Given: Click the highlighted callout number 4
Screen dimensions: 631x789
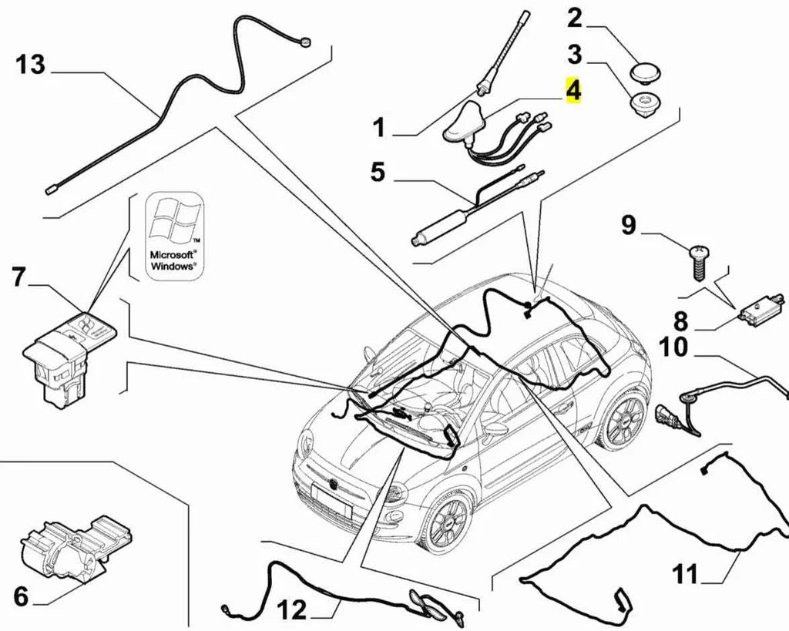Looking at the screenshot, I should point(572,92).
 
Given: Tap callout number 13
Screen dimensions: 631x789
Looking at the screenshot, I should point(31,65).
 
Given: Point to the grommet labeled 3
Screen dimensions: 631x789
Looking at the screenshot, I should point(640,104).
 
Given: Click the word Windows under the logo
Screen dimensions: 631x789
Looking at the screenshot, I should point(173,264).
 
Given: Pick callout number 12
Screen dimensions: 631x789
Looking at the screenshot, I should point(291,611).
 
